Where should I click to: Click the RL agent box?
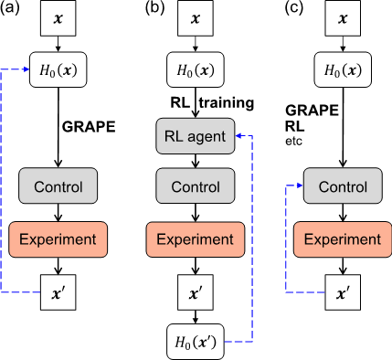tap(196, 137)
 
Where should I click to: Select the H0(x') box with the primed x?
tap(196, 342)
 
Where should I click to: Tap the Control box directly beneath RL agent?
tap(196, 186)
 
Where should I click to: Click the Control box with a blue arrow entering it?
tap(343, 186)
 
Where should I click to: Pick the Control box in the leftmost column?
tap(58, 186)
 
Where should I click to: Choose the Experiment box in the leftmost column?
tap(58, 239)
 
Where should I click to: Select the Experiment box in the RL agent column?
tap(196, 239)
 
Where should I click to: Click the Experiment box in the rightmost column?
tap(343, 239)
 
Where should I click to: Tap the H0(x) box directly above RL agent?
tap(196, 70)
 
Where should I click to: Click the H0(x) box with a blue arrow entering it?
tap(58, 70)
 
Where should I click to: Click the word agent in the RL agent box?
tap(207, 137)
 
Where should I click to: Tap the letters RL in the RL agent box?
tap(174, 137)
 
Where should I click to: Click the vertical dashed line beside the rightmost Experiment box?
tap(286, 239)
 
